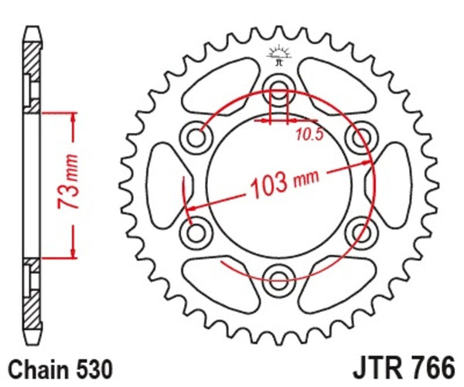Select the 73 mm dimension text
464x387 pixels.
[67, 185]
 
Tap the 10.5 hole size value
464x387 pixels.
[307, 136]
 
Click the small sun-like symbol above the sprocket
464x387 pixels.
[277, 55]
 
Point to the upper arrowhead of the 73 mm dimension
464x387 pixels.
[73, 116]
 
